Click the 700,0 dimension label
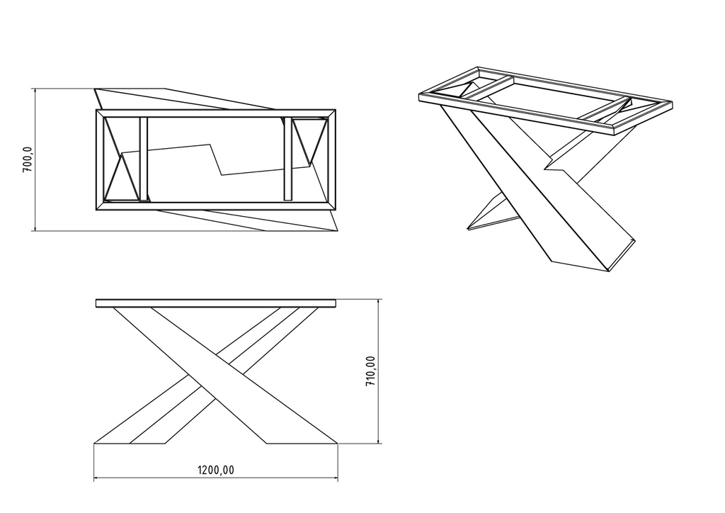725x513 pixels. pyautogui.click(x=28, y=160)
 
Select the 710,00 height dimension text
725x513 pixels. pyautogui.click(x=370, y=371)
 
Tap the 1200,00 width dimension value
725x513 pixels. pyautogui.click(x=216, y=470)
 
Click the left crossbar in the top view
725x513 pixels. pyautogui.click(x=143, y=159)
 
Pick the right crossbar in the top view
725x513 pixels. pyautogui.click(x=288, y=159)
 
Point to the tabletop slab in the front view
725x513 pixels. pyautogui.click(x=216, y=303)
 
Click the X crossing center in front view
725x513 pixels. pyautogui.click(x=216, y=366)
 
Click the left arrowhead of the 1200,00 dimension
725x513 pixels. pyautogui.click(x=96, y=478)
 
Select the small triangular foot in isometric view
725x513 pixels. pyautogui.click(x=490, y=215)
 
